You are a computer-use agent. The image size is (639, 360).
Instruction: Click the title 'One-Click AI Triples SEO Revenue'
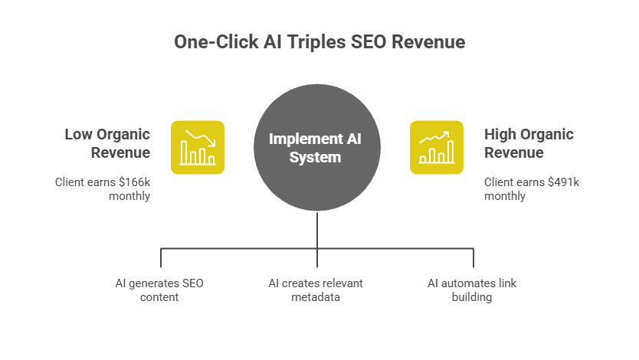point(319,42)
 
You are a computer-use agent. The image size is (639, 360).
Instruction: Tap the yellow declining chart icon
point(197,147)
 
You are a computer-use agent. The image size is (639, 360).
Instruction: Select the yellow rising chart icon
point(437,147)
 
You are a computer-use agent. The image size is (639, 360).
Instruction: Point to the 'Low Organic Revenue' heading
point(107,143)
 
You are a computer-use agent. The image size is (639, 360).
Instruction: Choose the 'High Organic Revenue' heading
point(529,143)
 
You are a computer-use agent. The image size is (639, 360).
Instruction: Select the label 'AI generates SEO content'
point(159,290)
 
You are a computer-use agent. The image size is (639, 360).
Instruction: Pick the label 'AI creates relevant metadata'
point(316,290)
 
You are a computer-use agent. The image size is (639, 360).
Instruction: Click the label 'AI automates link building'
point(472,290)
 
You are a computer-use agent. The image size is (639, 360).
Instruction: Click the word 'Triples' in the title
point(318,42)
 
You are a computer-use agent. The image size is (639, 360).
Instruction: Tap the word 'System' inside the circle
point(315,158)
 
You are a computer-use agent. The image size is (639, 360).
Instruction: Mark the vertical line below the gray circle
point(317,230)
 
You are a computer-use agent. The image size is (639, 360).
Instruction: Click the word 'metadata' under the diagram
point(316,296)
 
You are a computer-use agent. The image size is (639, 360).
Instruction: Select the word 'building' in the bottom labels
point(472,296)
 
